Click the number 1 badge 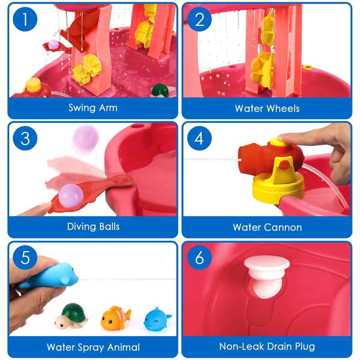click(25, 19)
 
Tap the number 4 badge click(199, 138)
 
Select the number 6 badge click(199, 258)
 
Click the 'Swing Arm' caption click(93, 108)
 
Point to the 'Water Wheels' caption click(267, 108)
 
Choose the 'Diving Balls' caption click(93, 226)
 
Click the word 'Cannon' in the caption click(283, 227)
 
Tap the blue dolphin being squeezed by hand click(50, 275)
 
